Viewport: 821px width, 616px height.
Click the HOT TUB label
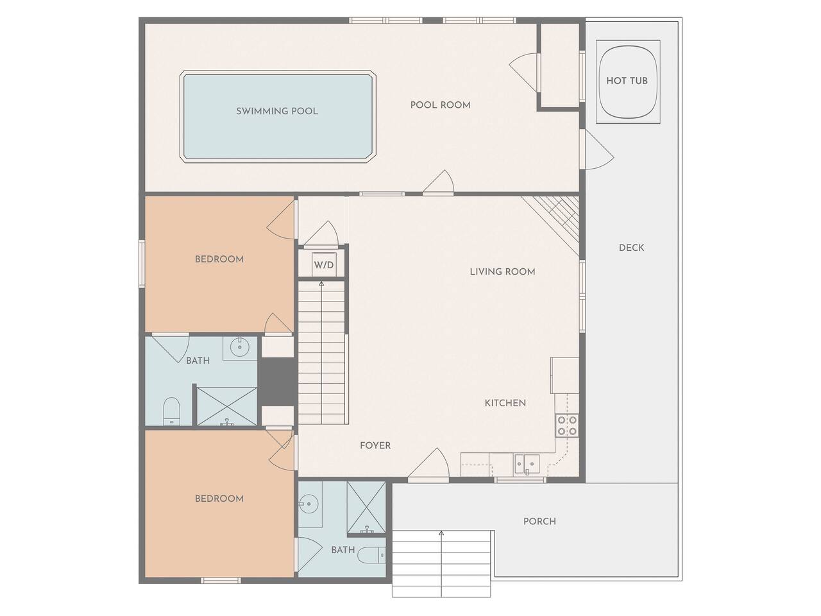click(627, 81)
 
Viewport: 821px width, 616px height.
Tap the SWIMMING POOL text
click(277, 111)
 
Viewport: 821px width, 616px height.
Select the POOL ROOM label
click(441, 105)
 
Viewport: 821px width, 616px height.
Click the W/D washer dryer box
click(324, 265)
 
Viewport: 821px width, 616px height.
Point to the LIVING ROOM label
click(502, 271)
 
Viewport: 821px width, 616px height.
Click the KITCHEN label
click(505, 403)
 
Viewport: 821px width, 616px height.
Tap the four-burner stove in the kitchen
click(567, 425)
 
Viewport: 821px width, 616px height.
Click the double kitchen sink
click(527, 464)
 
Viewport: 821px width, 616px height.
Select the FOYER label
click(375, 445)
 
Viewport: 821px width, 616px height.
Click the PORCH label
click(539, 522)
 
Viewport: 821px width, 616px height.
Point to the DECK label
click(631, 248)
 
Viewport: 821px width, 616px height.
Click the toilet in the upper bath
click(172, 411)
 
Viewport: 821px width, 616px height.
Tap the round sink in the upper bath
click(240, 348)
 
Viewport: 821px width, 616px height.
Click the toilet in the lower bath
click(372, 555)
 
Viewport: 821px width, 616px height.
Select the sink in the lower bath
click(309, 504)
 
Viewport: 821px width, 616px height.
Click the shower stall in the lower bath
click(366, 508)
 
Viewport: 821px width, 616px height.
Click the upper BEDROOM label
click(219, 259)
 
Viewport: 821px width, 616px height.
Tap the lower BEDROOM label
click(219, 499)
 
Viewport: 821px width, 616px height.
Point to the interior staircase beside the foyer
click(321, 352)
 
